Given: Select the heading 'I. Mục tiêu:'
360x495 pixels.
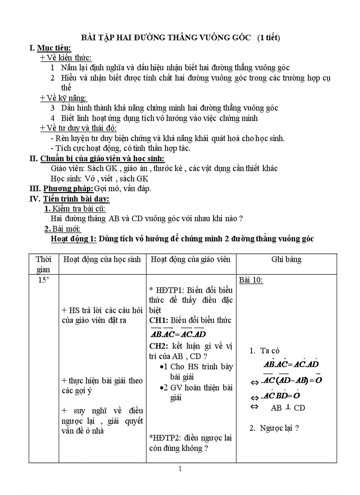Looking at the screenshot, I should coord(50,48).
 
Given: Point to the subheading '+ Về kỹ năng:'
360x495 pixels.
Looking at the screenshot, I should coord(64,98).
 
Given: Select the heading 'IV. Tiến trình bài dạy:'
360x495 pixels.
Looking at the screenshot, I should coord(66,199).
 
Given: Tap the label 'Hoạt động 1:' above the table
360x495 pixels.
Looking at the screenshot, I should coord(74,239).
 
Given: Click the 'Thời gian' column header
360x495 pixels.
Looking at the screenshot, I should coord(43,264).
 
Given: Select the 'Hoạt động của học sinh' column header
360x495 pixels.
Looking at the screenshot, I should coord(102,259).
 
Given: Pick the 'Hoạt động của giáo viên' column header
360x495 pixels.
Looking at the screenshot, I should coord(191,259).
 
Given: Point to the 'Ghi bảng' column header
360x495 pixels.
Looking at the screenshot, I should coord(286,259).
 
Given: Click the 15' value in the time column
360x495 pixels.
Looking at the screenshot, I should coord(43,280).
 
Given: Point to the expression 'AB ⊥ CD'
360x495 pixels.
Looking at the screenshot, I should coord(288,408).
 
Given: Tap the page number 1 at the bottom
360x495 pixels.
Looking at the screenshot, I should coord(180,469).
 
